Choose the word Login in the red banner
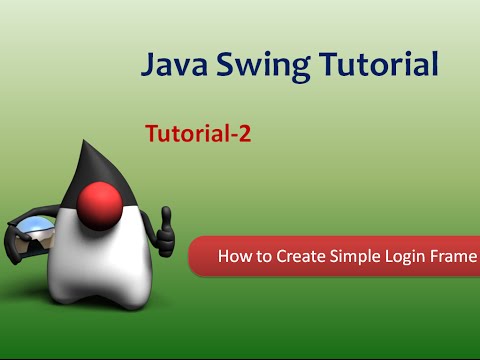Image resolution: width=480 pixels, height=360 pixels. point(402,257)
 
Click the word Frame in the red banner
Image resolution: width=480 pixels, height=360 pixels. point(453,256)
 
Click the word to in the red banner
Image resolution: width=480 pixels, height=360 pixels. point(262,256)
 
